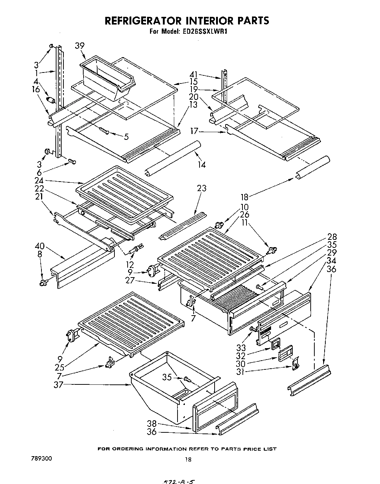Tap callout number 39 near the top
coord(80,45)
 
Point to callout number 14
coord(201,165)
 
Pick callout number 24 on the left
coord(39,180)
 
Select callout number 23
coord(201,189)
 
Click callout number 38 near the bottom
coord(152,424)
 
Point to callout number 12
coord(129,264)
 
